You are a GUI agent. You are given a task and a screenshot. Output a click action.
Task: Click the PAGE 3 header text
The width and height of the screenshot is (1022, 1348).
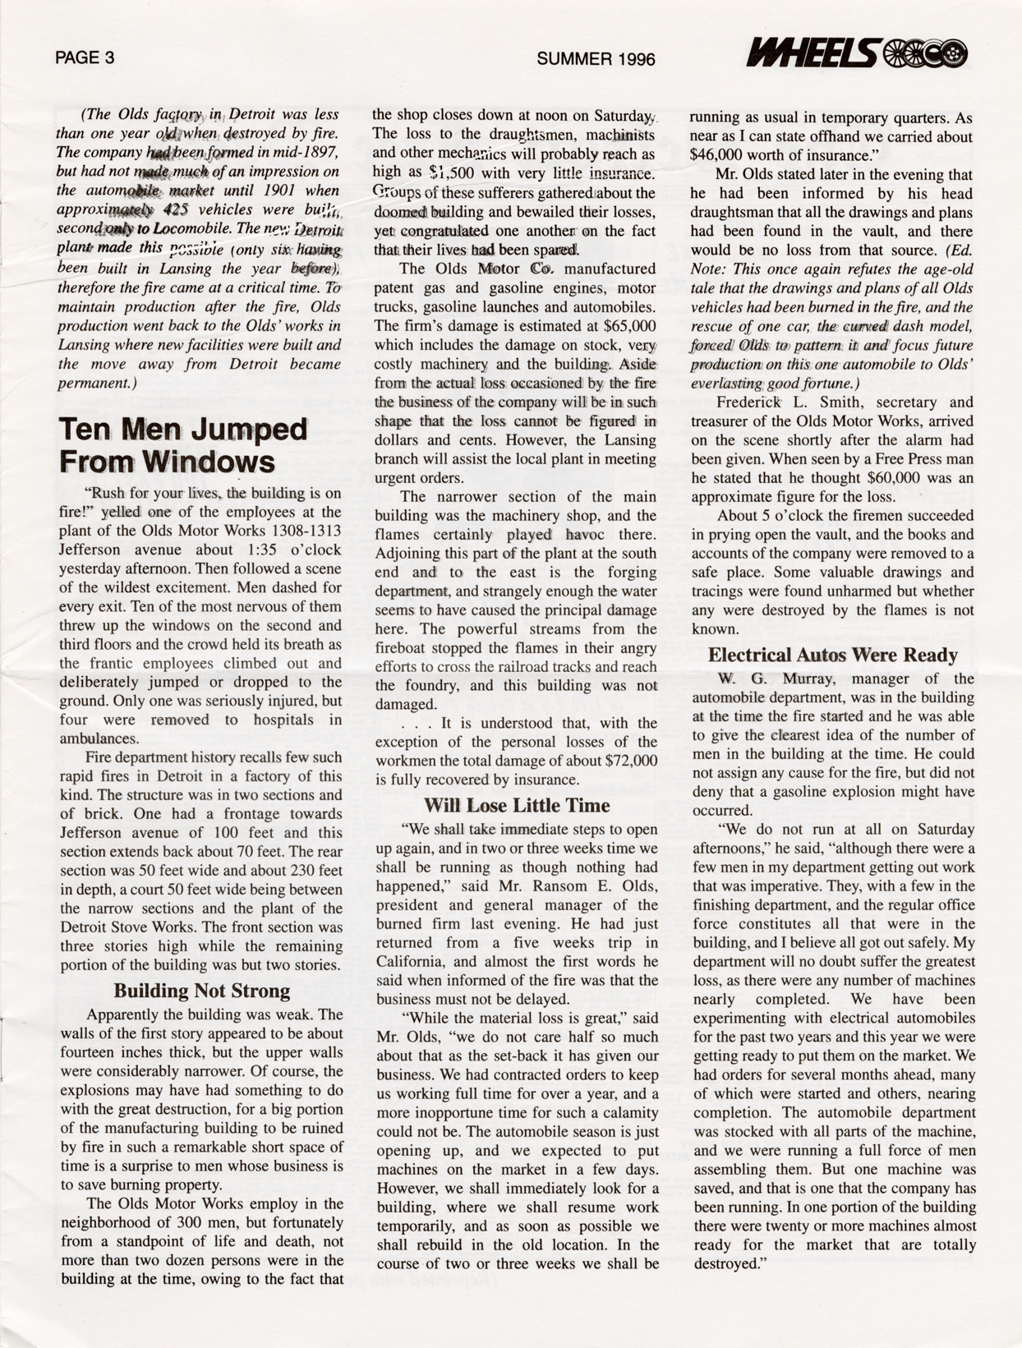[x=85, y=58]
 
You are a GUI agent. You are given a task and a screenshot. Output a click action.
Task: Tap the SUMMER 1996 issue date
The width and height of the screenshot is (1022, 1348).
[x=596, y=59]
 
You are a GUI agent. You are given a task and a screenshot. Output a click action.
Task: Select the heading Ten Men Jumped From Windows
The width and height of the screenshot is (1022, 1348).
[x=182, y=445]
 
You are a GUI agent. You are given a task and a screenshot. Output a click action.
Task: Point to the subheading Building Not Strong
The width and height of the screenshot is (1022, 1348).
[x=201, y=991]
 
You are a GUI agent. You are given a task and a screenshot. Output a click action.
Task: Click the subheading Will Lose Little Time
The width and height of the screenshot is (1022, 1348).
[x=517, y=805]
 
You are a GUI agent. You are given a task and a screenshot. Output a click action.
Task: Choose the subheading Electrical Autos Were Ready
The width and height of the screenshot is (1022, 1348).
[x=832, y=655]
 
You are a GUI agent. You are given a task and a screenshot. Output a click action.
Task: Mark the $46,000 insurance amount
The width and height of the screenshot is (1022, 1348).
[x=720, y=156]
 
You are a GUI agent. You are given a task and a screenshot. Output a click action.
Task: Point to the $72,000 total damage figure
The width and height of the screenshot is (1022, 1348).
[x=631, y=761]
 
